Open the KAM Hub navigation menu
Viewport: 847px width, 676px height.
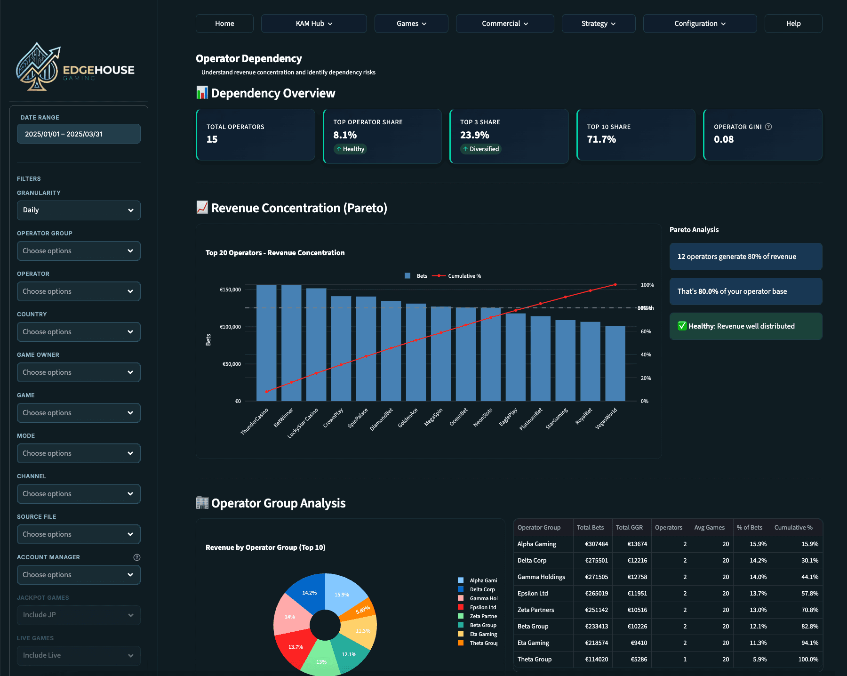click(314, 24)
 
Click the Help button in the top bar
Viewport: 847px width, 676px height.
click(793, 24)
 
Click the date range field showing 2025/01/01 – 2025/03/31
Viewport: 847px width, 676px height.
click(79, 134)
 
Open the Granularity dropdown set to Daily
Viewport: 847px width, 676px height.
click(79, 210)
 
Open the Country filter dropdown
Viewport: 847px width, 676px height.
click(79, 332)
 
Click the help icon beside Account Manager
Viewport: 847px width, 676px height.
click(137, 557)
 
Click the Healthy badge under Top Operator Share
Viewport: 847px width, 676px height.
click(350, 149)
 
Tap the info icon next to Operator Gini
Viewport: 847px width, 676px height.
click(768, 127)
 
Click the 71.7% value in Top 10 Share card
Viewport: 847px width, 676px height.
click(601, 139)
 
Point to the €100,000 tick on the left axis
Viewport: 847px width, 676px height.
click(230, 327)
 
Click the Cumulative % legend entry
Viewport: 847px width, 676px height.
click(464, 276)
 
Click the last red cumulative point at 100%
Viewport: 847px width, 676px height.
click(615, 285)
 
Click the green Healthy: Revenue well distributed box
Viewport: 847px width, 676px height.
click(745, 326)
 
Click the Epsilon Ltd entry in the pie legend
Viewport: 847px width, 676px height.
click(482, 607)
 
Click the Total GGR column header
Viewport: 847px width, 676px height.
click(629, 528)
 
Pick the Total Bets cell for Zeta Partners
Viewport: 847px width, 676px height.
click(596, 610)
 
